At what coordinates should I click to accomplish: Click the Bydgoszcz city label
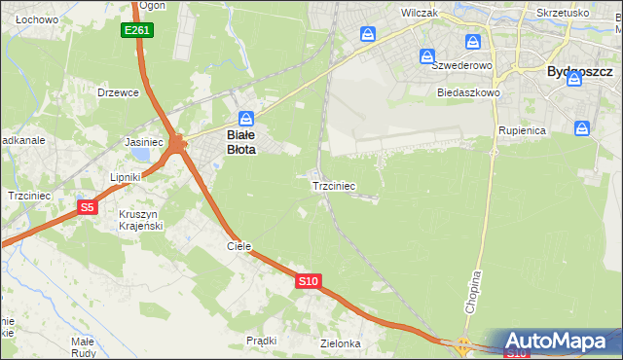579,72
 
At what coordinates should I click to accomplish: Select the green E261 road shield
136,31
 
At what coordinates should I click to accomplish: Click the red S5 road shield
88,207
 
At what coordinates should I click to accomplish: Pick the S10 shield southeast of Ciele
308,281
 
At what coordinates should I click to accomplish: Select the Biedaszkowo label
468,93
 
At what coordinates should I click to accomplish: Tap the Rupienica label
523,130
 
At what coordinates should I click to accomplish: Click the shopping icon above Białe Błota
247,118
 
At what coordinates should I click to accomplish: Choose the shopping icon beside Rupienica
581,127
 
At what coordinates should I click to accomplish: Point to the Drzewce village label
119,92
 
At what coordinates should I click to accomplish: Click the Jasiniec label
143,141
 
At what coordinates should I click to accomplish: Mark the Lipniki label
126,177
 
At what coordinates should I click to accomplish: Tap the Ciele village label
239,246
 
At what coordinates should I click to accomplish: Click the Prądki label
262,341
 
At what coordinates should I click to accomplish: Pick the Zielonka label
341,343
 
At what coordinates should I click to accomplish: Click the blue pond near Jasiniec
143,155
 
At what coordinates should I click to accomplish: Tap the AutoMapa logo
559,342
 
